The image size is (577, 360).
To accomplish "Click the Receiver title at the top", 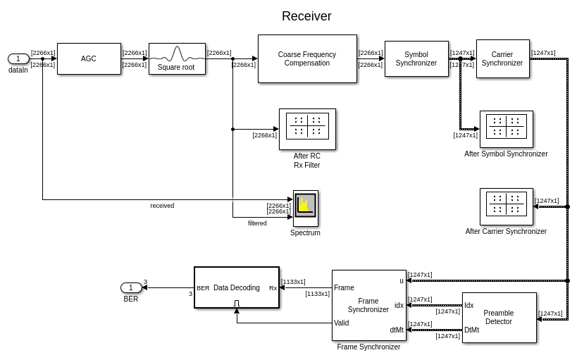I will coord(306,16).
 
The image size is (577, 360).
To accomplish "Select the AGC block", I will coord(89,59).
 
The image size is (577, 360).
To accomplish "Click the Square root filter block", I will coord(177,59).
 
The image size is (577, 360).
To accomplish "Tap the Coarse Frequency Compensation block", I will coord(307,59).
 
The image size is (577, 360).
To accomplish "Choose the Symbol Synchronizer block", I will coord(416,59).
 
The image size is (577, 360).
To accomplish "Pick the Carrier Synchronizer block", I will coord(502,59).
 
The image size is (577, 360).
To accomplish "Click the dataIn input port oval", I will coord(18,59).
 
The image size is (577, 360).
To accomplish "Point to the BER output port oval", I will coord(131,287).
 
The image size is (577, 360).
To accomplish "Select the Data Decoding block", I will coord(237,287).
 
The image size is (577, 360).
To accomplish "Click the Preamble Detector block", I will coord(499,318).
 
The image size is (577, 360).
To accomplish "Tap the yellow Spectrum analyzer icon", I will coord(305,205).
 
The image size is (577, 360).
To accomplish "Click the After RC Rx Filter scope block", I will coord(307,129).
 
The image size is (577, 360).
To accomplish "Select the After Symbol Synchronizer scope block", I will coord(506,129).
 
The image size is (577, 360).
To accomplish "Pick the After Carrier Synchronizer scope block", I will coord(506,206).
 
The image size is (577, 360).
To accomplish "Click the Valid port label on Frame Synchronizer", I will coord(341,323).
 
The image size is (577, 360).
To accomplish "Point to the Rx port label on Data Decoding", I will coord(273,288).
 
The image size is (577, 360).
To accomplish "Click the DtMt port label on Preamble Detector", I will coord(471,330).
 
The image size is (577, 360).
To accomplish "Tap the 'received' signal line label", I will coord(162,206).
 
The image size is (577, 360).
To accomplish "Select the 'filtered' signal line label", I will coord(257,223).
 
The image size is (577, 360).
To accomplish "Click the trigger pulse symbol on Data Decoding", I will coord(237,304).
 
